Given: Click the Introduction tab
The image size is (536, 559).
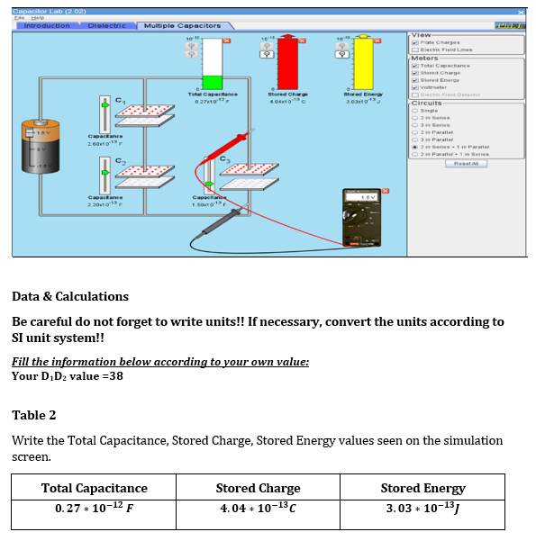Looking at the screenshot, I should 46,26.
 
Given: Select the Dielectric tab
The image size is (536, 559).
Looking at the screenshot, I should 106,26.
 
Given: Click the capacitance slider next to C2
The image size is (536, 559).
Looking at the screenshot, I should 104,170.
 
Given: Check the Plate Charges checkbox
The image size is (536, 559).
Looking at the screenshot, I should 413,42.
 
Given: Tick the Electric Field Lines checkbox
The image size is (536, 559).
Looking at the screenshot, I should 413,50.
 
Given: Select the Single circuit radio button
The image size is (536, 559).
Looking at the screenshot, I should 413,110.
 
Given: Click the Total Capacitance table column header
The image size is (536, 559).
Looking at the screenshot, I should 95,488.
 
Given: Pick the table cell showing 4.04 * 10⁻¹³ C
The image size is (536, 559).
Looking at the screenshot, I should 259,510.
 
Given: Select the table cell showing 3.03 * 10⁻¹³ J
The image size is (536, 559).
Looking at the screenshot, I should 422,510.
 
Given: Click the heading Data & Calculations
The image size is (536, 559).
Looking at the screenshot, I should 70,296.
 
